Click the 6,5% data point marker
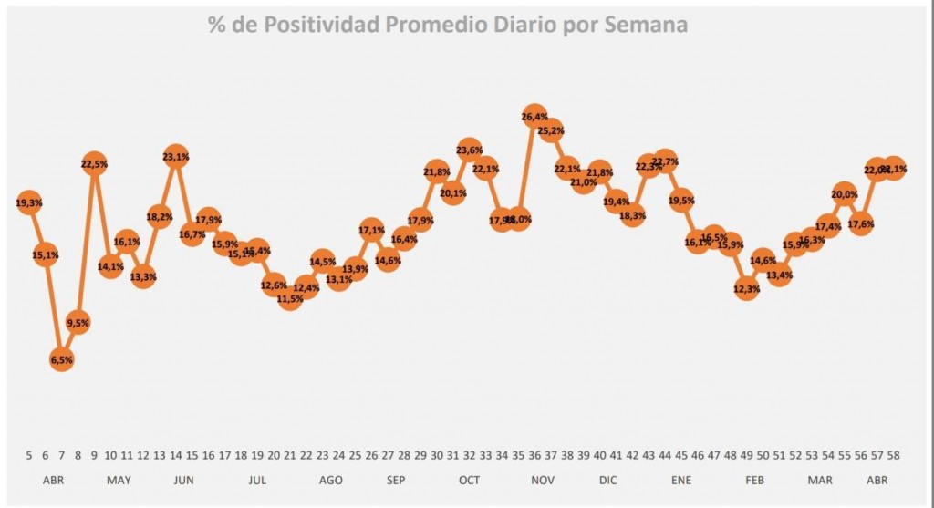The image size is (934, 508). tap(62, 360)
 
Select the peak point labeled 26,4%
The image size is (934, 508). tap(534, 117)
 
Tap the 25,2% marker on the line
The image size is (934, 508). tap(550, 130)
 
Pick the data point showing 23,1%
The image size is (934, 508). tap(176, 157)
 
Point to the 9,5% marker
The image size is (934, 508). tap(78, 322)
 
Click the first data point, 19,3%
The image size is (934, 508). tap(29, 202)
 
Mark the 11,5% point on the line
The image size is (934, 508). tap(290, 298)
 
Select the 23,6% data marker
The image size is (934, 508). tap(470, 150)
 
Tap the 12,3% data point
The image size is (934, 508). tap(746, 290)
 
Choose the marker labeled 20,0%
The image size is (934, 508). tap(845, 193)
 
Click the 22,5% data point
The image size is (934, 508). tap(94, 164)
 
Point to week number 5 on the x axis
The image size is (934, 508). tap(29, 455)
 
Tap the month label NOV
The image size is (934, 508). tap(543, 481)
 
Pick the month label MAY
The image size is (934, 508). tap(119, 481)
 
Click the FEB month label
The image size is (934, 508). tap(754, 481)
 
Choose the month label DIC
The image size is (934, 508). tap(608, 481)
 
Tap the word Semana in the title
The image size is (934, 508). tap(645, 25)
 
